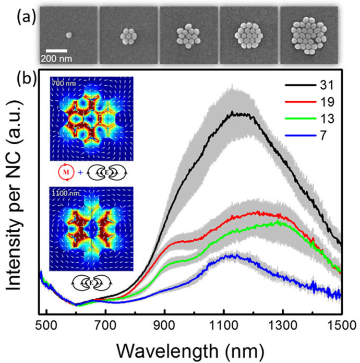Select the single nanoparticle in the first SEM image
[x=69, y=34]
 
